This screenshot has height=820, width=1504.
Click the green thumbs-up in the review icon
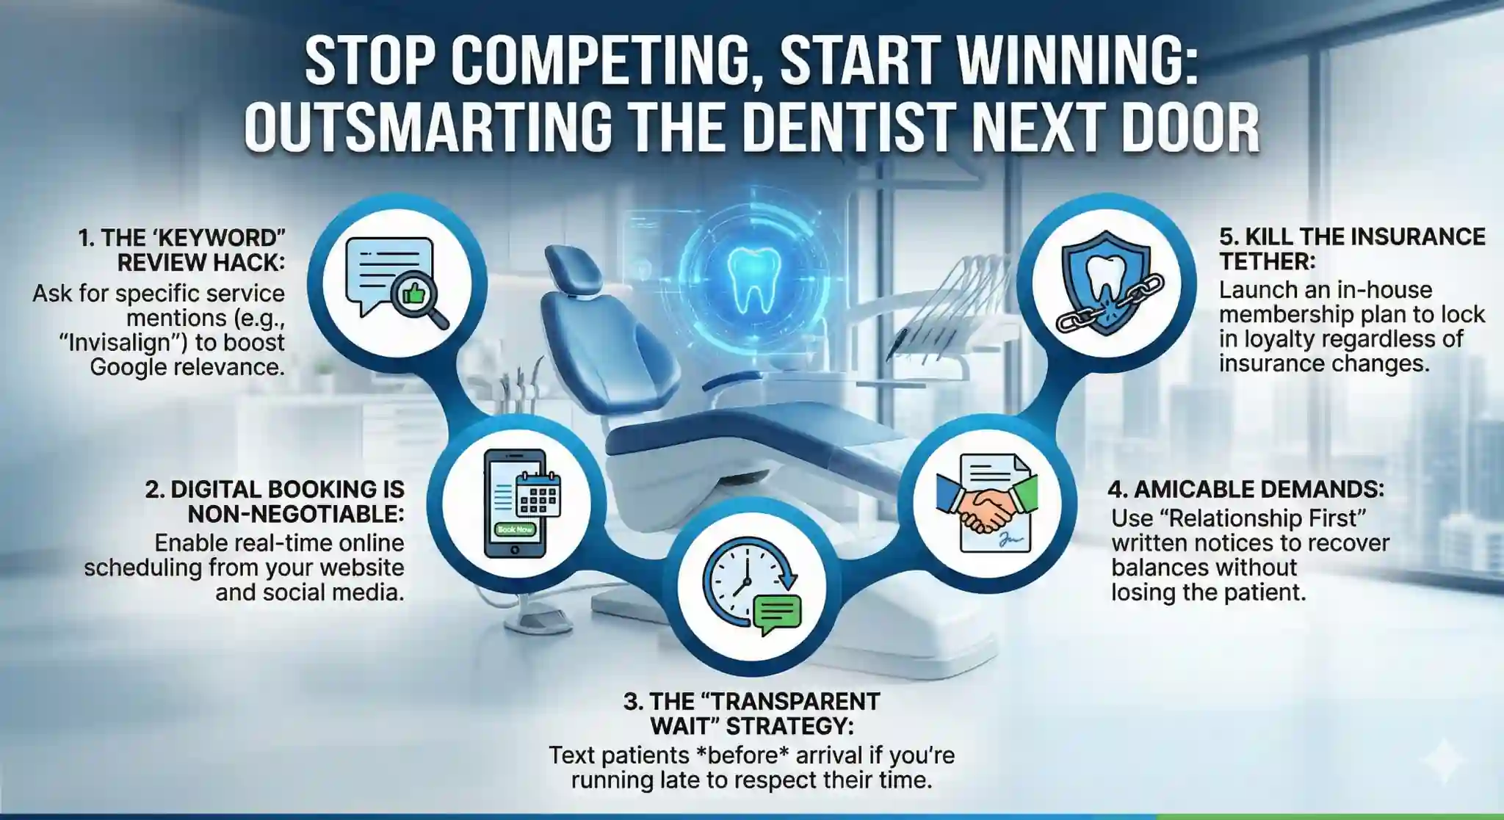coord(413,295)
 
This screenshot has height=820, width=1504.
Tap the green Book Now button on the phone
coord(515,529)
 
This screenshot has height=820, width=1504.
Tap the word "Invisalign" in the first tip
coord(135,342)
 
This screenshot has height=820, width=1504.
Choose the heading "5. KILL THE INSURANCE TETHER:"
coord(1352,248)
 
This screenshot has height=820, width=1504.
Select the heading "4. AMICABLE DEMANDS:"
coord(1246,489)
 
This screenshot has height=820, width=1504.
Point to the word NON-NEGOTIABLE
coord(296,514)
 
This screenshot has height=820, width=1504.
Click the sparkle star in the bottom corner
coord(1443,760)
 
